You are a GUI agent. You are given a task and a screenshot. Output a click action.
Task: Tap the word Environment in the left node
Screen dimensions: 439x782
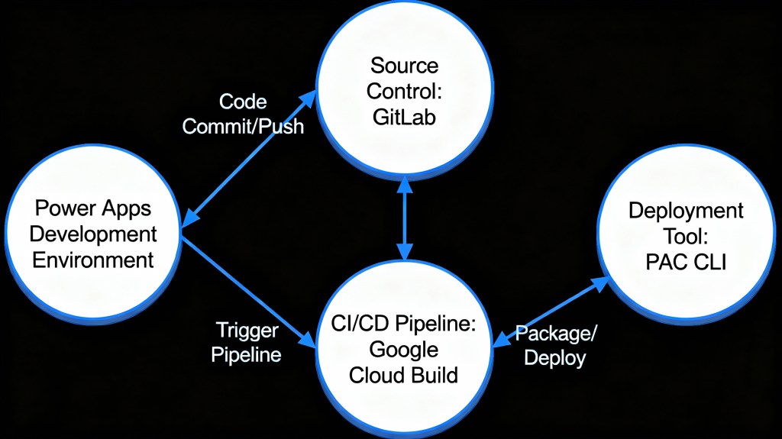click(93, 259)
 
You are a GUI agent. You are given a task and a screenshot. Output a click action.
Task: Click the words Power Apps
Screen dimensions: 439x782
click(93, 208)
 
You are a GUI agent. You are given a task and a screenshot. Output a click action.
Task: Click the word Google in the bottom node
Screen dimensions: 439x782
click(403, 350)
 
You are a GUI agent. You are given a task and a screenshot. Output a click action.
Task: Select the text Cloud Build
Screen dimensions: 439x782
click(403, 375)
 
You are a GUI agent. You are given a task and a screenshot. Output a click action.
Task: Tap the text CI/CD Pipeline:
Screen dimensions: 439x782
click(403, 324)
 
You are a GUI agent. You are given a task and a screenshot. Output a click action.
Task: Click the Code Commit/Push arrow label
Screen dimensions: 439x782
click(243, 113)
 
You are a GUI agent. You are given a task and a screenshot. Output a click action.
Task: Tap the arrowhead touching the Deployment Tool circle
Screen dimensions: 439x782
click(603, 283)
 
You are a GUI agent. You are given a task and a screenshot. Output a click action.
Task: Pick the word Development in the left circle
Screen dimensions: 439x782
click(93, 234)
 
